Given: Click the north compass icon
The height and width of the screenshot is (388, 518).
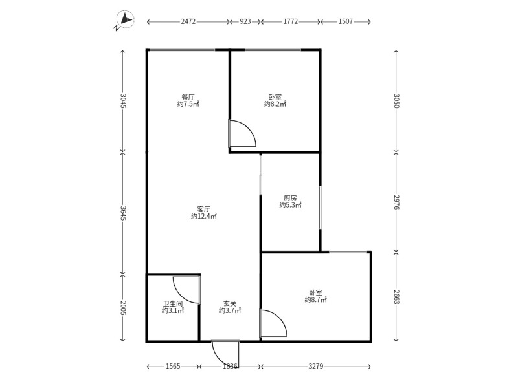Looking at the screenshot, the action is (x=125, y=21).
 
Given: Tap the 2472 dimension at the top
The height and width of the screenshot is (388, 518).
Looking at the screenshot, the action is (x=188, y=22).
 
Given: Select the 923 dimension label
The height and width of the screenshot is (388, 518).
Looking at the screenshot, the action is (x=245, y=22).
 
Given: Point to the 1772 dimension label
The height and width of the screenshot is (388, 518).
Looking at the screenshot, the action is (x=290, y=22).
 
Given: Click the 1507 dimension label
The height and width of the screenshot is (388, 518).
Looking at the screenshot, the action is (x=345, y=22).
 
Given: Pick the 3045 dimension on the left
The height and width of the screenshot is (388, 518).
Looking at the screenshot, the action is (x=123, y=101).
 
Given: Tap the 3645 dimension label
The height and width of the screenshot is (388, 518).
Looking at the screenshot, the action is (x=123, y=213).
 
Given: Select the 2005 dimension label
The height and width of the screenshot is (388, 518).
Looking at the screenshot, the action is (x=123, y=308).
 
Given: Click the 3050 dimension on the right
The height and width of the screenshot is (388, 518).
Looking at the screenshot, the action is (x=396, y=101).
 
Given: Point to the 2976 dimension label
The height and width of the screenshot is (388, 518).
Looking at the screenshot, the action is (x=396, y=202).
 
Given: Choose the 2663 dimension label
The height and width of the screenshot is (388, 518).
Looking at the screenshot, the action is (x=396, y=297).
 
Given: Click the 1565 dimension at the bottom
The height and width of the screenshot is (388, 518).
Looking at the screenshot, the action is (x=173, y=367).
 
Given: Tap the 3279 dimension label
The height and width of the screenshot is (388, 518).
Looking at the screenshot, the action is (x=316, y=367).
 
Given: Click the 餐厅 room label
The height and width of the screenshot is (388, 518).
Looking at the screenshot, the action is (x=188, y=97).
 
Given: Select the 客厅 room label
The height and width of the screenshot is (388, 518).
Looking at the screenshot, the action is (x=204, y=209).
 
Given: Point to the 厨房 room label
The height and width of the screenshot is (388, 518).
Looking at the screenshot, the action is (x=290, y=198).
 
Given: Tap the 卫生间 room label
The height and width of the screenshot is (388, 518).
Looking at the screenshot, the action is (x=173, y=303).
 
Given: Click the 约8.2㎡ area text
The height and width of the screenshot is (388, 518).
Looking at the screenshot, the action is (x=275, y=104).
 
